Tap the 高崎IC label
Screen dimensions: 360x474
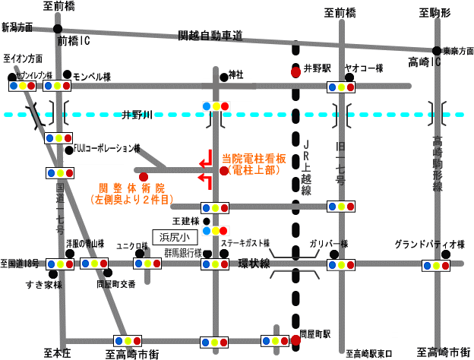pos(417,59)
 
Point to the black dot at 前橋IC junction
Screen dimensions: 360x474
pos(58,29)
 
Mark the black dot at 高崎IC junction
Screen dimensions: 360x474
pos(436,50)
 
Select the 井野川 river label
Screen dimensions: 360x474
pos(137,115)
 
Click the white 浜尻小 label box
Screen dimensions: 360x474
pos(173,237)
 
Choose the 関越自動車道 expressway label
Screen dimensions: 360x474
pos(210,35)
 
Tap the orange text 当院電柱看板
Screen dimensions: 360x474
pos(253,159)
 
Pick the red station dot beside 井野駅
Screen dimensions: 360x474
pos(295,72)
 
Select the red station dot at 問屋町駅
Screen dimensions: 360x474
pos(295,340)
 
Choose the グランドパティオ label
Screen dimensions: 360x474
pos(427,245)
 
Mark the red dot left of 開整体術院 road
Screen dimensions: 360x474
pos(143,177)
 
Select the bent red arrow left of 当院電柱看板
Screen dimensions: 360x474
pos(204,162)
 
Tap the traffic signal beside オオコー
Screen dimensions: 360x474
pos(342,87)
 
